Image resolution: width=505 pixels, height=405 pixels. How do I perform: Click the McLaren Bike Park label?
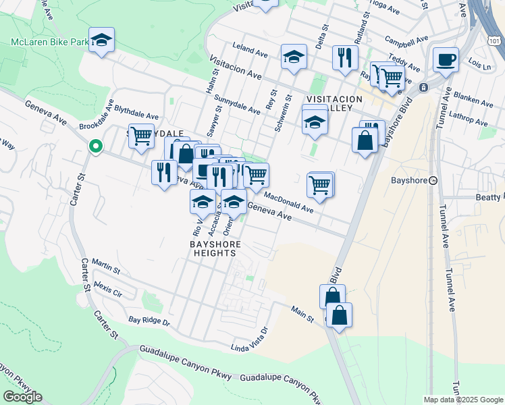pos(51,42)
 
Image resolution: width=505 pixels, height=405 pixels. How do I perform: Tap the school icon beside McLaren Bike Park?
pos(101,40)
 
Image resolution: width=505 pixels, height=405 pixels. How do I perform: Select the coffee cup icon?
pos(446,61)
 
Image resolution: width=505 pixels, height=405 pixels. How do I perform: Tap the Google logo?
pos(22,397)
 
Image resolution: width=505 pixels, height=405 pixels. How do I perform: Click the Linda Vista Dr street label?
pos(250,340)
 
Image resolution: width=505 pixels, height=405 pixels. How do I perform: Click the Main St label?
pos(303,313)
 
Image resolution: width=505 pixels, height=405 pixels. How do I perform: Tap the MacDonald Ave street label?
pos(288,202)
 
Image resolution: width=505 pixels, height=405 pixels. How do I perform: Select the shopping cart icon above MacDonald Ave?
pos(320,184)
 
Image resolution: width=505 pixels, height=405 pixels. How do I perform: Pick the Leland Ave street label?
pos(250,49)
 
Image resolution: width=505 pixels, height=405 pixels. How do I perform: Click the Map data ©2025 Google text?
pos(463,400)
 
